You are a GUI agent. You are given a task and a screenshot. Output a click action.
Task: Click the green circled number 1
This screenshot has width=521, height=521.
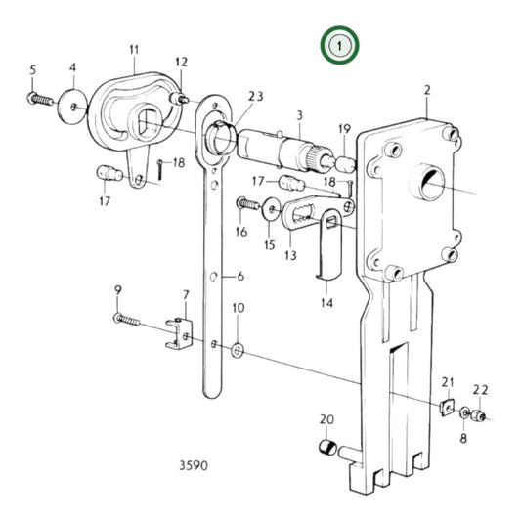[x=339, y=46]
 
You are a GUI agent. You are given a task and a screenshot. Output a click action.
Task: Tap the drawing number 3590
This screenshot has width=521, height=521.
[x=194, y=465]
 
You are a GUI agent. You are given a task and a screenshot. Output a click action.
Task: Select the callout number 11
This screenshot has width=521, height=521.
[x=134, y=50]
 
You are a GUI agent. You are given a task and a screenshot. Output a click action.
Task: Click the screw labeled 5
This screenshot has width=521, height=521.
[x=40, y=99]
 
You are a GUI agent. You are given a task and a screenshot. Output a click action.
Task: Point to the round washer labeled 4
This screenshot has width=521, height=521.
[x=72, y=107]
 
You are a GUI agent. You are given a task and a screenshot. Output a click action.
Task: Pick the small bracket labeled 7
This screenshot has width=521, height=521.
[x=180, y=334]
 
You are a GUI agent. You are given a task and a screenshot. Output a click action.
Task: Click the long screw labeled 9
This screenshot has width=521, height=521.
[x=127, y=319]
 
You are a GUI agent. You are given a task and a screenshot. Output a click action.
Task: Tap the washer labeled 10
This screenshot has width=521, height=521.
[x=238, y=351]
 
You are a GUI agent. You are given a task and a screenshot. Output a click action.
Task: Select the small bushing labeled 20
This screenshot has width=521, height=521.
[x=327, y=447]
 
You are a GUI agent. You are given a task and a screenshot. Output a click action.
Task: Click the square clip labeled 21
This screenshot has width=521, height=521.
[x=448, y=408]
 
